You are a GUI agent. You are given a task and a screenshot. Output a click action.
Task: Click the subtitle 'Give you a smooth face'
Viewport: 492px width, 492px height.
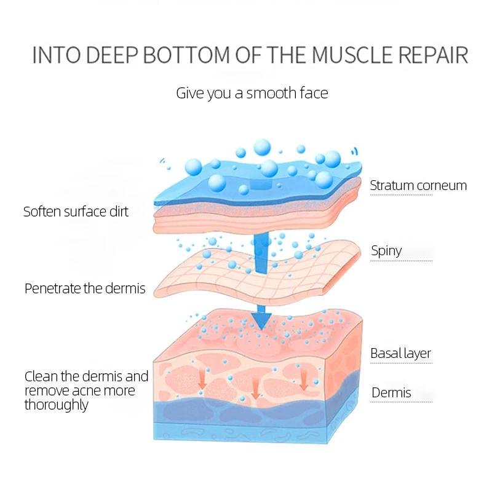(252, 93)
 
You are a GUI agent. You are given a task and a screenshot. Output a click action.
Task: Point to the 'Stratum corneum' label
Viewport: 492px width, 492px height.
(418, 185)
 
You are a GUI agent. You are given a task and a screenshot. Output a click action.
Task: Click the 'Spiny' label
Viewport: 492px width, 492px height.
(386, 251)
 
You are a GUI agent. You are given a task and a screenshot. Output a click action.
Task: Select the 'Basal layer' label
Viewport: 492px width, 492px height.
(400, 354)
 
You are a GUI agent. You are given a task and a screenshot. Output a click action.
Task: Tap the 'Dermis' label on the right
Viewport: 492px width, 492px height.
(391, 393)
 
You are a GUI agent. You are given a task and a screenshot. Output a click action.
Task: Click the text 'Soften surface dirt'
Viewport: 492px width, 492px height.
(76, 212)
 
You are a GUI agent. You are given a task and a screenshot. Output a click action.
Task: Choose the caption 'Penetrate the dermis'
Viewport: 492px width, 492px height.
(85, 288)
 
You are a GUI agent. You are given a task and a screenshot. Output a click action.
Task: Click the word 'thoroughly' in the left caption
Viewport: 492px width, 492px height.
(57, 405)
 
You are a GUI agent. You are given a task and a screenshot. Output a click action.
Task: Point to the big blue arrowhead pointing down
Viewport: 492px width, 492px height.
(262, 320)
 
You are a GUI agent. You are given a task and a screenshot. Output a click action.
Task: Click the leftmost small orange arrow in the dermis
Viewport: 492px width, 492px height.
(202, 380)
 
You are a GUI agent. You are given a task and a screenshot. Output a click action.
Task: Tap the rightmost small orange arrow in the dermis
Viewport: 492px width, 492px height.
(303, 379)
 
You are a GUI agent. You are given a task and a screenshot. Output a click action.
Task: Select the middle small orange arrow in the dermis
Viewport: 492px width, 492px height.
(255, 387)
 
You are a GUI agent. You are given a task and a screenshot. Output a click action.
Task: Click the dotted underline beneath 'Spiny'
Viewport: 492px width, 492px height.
(401, 260)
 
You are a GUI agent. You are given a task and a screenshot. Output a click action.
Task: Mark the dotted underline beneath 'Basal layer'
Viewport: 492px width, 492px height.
(401, 363)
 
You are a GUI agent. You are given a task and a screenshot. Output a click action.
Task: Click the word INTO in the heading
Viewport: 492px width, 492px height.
(56, 55)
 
